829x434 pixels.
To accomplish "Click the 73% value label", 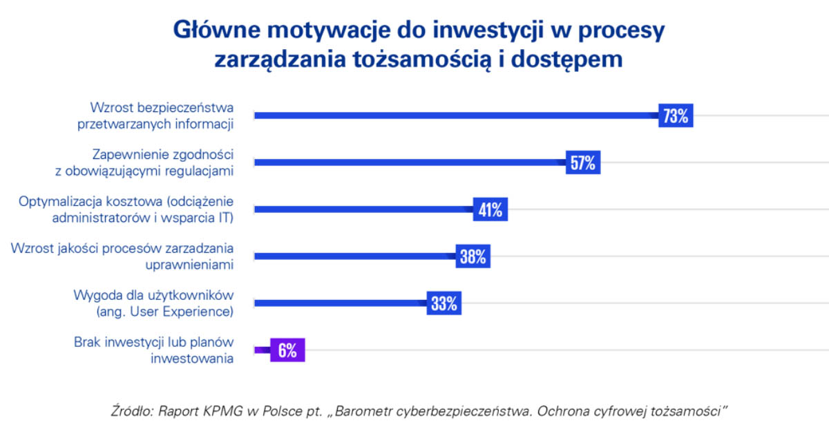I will point(676,116).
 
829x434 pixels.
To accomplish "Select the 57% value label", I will point(582,163).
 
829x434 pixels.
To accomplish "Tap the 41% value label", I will point(490,210).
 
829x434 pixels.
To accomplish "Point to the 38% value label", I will point(473,257).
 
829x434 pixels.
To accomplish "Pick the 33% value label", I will point(444,303).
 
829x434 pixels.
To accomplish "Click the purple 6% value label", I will point(287,350).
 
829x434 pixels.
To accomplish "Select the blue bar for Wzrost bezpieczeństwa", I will point(456,116).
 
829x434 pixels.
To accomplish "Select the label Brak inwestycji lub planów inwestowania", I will point(153,350).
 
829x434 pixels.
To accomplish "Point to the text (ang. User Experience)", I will point(164,312).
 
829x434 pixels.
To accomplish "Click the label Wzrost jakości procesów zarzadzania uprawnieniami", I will point(122,256).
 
